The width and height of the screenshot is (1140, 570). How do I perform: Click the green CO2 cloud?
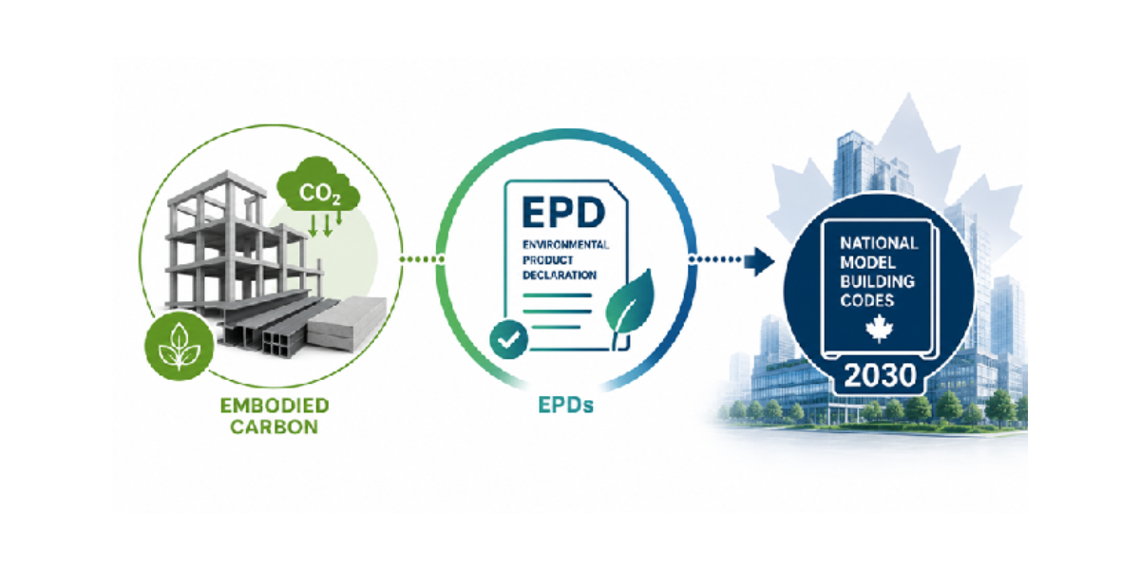pyautogui.click(x=318, y=184)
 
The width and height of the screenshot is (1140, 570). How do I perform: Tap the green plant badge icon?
pyautogui.click(x=180, y=346)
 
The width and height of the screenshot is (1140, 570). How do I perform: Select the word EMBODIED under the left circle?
pyautogui.click(x=275, y=406)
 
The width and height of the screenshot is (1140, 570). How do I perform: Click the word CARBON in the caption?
pyautogui.click(x=275, y=427)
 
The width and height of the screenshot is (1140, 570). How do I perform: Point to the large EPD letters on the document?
pyautogui.click(x=564, y=212)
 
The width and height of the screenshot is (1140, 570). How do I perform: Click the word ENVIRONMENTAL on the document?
pyautogui.click(x=565, y=245)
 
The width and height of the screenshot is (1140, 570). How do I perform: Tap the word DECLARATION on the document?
pyautogui.click(x=560, y=275)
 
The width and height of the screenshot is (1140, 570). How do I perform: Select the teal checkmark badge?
pyautogui.click(x=508, y=339)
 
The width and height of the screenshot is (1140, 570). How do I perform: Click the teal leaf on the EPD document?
pyautogui.click(x=630, y=305)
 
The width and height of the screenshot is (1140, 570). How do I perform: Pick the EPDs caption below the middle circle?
pyautogui.click(x=566, y=406)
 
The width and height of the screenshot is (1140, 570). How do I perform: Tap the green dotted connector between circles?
pyautogui.click(x=422, y=259)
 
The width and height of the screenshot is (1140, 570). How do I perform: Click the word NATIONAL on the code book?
pyautogui.click(x=879, y=243)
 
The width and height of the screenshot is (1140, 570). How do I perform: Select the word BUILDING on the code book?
pyautogui.click(x=877, y=281)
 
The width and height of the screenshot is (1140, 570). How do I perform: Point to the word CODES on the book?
pyautogui.click(x=866, y=301)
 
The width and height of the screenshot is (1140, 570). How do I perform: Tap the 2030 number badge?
pyautogui.click(x=880, y=376)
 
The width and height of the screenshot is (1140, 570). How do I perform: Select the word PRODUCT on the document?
pyautogui.click(x=547, y=260)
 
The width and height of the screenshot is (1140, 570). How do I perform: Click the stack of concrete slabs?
pyautogui.click(x=347, y=323)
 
